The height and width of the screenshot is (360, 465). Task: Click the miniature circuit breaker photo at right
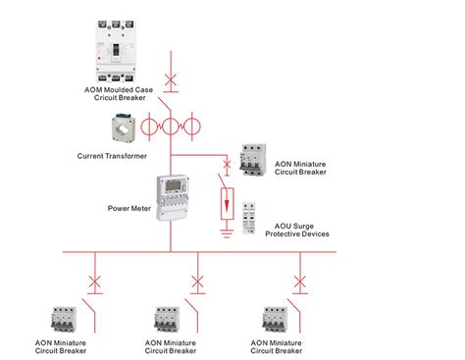click(255, 159)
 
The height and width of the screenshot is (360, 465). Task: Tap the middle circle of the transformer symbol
click(171, 128)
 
